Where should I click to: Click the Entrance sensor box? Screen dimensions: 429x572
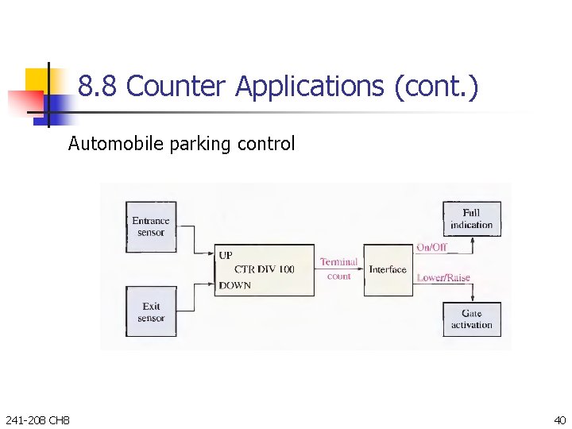[151, 226]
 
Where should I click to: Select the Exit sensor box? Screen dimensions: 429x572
[151, 312]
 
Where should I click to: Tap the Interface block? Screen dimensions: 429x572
[388, 270]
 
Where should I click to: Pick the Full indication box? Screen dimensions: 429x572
[472, 218]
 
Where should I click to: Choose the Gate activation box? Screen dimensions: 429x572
[472, 319]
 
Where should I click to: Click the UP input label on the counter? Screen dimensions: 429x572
[226, 256]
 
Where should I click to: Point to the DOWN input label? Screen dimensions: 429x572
[235, 285]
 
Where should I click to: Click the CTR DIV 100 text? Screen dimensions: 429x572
[265, 269]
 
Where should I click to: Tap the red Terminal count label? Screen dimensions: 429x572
[338, 269]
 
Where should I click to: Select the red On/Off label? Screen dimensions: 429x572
[432, 247]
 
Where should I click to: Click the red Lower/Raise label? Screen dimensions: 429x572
[443, 278]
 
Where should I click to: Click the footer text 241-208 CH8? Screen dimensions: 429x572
[37, 419]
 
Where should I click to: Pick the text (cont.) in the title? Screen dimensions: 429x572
[436, 86]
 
